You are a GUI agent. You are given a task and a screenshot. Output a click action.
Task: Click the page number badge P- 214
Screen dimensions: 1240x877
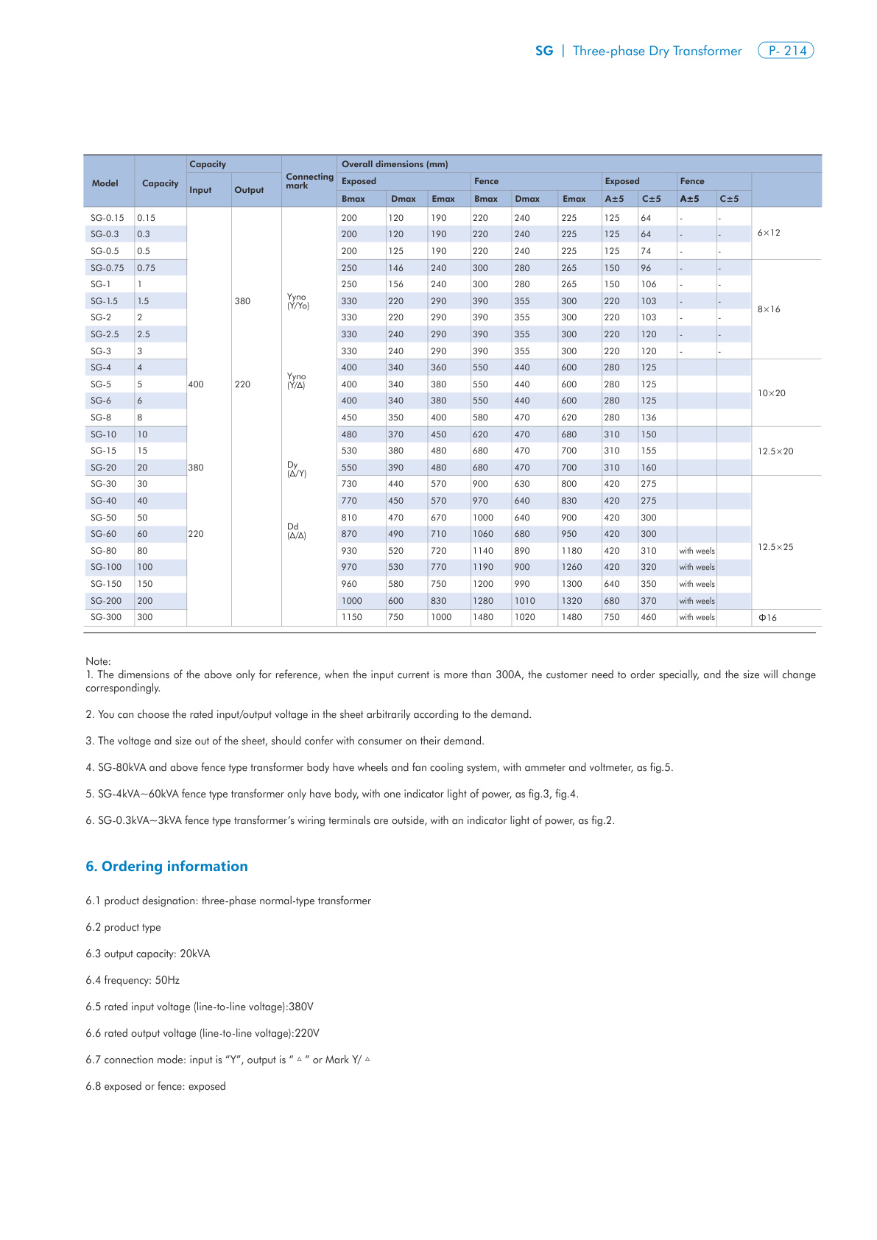point(786,51)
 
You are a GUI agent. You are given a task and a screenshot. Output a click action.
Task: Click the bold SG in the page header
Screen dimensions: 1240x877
point(544,51)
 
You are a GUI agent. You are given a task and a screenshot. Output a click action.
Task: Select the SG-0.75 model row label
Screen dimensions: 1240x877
point(108,268)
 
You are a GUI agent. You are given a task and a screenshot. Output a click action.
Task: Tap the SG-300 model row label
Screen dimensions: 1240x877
point(106,617)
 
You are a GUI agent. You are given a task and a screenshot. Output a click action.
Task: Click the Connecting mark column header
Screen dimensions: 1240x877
point(309,181)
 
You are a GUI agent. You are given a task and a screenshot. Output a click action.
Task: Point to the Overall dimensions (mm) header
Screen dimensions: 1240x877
point(395,164)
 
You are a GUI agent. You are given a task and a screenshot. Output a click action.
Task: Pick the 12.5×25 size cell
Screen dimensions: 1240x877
point(775,547)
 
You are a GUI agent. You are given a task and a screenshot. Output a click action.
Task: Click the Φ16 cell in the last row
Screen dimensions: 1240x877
point(767,618)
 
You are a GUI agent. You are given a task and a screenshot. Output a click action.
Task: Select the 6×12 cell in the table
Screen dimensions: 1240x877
point(769,233)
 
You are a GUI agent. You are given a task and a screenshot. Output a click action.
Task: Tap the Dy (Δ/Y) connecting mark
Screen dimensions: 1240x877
point(296,469)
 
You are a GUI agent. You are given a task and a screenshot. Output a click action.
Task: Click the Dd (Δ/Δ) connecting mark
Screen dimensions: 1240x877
point(296,531)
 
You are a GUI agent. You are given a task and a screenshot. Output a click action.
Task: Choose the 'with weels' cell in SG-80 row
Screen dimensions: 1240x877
point(697,551)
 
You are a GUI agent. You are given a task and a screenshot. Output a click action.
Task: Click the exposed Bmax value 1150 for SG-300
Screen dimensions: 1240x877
point(352,617)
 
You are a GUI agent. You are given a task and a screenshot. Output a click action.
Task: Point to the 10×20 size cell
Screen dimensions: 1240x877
point(772,393)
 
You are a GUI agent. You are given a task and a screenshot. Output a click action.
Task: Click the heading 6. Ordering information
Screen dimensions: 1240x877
point(166,867)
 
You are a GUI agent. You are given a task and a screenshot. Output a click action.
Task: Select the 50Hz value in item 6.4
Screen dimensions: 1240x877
point(167,980)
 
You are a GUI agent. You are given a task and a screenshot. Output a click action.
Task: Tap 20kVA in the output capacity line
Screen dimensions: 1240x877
point(195,954)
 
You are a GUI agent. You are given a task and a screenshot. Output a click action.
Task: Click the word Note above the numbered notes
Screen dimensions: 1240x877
point(97,661)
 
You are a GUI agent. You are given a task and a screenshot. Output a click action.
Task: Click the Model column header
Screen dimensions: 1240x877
point(105,183)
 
